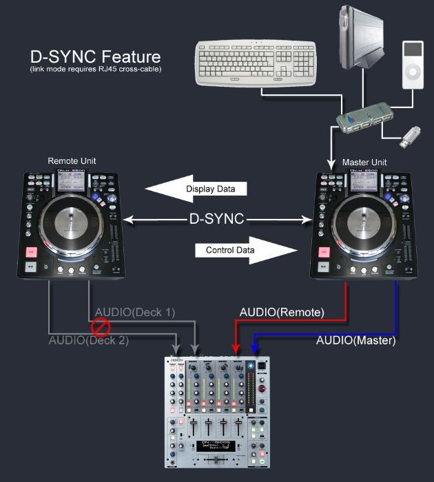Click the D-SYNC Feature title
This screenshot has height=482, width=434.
click(x=95, y=56)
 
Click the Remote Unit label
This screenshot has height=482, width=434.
click(x=72, y=161)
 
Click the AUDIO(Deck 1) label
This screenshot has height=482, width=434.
click(x=135, y=312)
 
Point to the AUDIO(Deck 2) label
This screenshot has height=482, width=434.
click(x=89, y=339)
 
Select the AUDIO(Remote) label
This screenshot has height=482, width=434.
click(x=281, y=312)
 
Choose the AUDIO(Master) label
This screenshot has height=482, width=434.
click(x=358, y=339)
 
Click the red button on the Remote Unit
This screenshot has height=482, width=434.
click(x=31, y=251)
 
